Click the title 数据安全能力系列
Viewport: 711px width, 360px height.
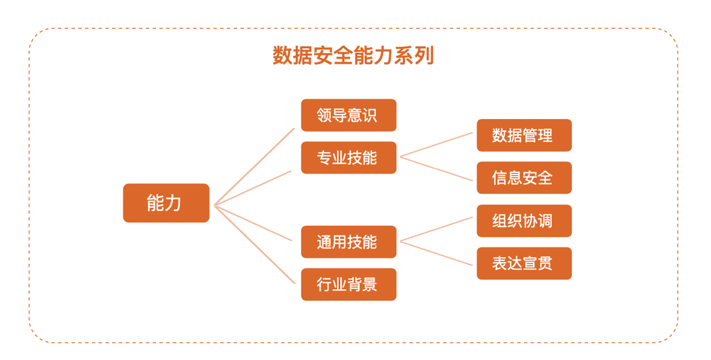(354, 56)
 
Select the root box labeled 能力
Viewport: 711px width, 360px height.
(166, 203)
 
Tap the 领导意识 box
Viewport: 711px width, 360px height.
(348, 115)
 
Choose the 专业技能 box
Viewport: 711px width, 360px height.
(348, 158)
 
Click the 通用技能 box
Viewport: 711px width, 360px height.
(348, 242)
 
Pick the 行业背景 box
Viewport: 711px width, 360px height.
(348, 284)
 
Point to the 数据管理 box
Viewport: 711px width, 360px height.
(524, 136)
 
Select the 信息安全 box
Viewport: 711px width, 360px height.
(524, 178)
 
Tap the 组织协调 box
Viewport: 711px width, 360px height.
(524, 221)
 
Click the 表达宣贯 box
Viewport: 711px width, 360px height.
(524, 263)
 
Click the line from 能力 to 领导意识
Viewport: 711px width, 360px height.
(255, 166)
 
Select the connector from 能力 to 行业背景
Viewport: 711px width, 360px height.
(255, 244)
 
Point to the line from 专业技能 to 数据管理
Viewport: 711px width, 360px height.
(437, 144)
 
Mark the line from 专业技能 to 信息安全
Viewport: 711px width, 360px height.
(437, 168)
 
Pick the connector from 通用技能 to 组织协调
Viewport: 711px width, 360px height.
(437, 229)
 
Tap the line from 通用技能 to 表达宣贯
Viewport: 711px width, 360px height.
(437, 253)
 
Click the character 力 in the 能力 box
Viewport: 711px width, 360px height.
(174, 203)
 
